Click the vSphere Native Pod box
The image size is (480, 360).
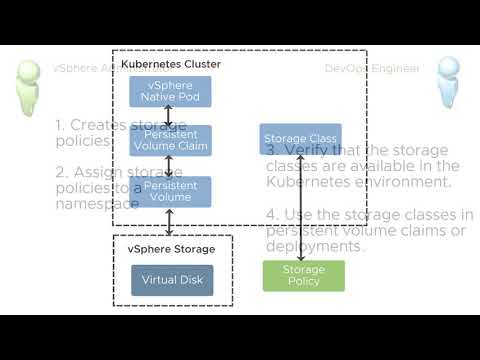168,91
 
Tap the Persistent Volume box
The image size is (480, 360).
168,191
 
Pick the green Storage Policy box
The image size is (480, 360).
303,275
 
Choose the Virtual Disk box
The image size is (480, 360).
172,280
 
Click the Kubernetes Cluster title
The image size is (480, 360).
171,64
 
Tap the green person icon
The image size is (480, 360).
30,84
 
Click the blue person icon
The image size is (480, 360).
447,82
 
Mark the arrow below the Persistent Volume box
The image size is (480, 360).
168,219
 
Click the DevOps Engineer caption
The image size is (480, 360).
372,68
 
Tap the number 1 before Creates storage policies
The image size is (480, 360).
60,126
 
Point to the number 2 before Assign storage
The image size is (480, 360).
61,171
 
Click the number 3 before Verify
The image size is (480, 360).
271,149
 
